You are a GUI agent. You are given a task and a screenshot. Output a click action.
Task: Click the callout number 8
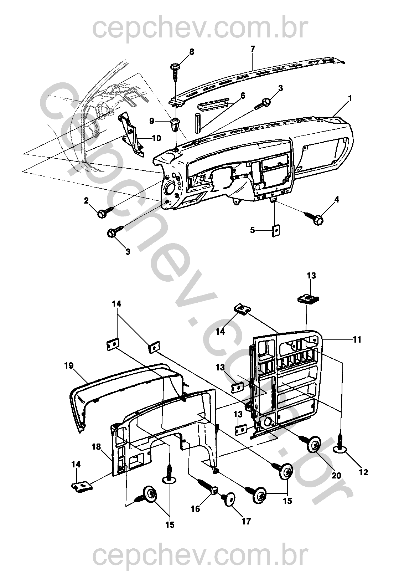(x=192, y=52)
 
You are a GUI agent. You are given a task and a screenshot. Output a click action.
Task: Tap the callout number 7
(x=253, y=49)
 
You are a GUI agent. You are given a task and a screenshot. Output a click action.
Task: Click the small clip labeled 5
(x=276, y=231)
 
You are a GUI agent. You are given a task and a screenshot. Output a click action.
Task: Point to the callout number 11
(x=357, y=340)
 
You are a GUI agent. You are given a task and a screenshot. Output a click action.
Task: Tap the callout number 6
(x=243, y=96)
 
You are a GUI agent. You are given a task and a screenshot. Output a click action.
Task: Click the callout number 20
(x=336, y=475)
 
